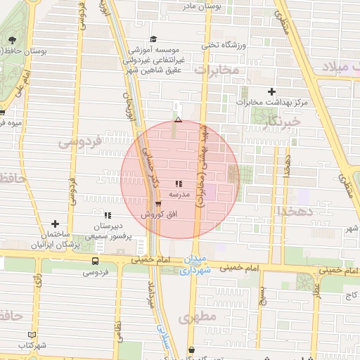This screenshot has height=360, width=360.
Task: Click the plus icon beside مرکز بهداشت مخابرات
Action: pos(272,91)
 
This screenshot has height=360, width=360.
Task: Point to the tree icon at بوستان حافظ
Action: pos(12,39)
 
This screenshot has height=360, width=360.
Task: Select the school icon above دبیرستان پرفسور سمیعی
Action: pos(108,215)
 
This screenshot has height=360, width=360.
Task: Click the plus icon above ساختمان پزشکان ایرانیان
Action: pos(55,224)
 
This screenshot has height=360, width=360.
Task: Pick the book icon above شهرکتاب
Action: pos(30,335)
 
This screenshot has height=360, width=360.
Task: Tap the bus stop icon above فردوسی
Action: pos(95,260)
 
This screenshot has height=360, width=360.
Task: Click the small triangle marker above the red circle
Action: pos(178,120)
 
